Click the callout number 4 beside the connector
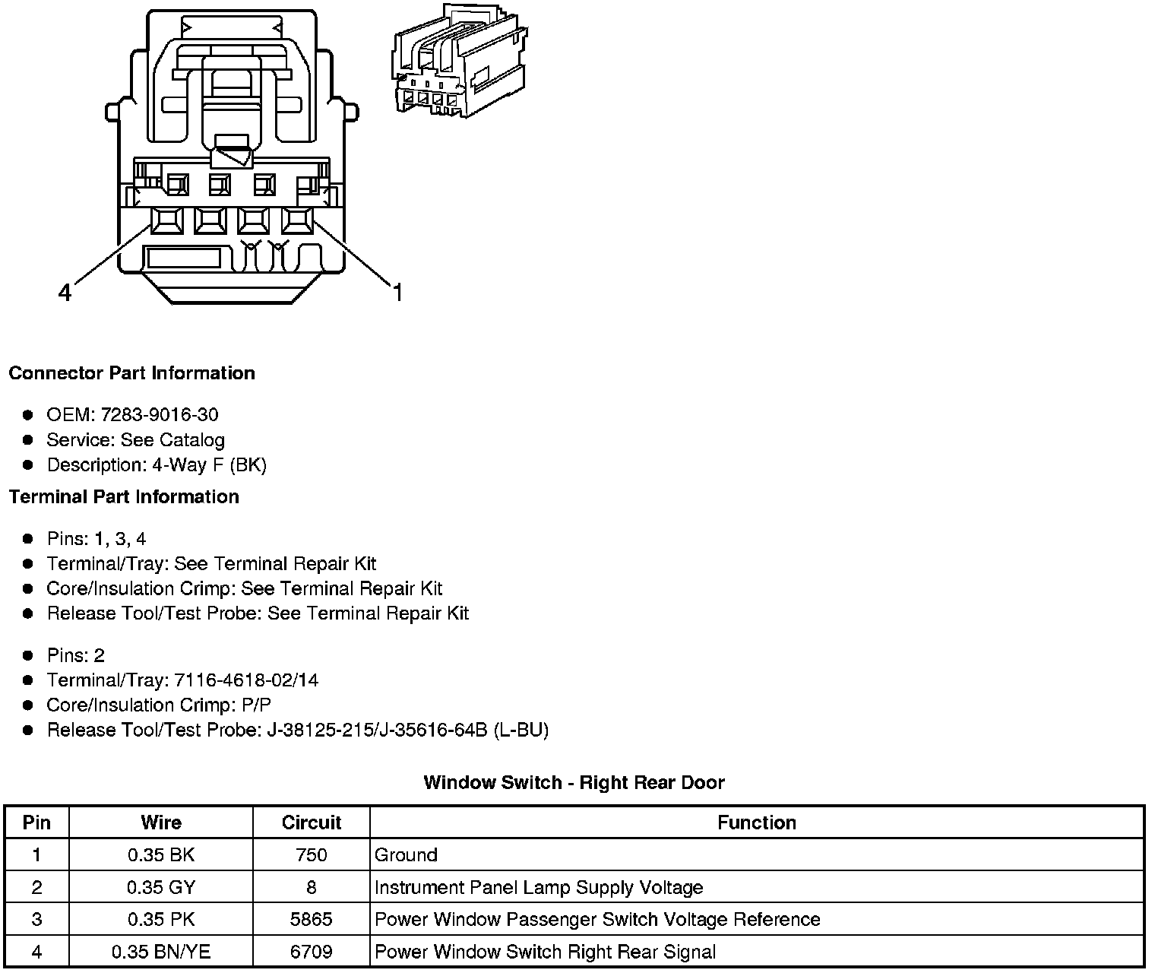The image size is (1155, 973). (x=65, y=292)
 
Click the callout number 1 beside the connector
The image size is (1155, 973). (x=397, y=292)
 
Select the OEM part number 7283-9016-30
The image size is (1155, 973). (x=160, y=415)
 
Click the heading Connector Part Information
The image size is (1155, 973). (x=131, y=373)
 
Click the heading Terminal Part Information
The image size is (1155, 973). (x=124, y=497)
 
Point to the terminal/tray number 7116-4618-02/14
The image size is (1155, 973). (x=246, y=680)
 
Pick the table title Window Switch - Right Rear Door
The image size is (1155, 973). (x=574, y=783)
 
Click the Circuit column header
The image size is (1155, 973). (x=311, y=823)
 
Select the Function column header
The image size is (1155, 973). (x=756, y=823)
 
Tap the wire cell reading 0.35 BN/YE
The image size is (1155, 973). (x=161, y=952)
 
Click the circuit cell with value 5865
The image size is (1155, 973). (x=311, y=920)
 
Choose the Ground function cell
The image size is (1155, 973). (x=407, y=855)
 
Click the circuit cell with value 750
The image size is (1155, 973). (x=311, y=855)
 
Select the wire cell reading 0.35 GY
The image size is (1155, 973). (x=161, y=888)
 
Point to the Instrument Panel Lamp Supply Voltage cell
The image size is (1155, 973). (x=539, y=888)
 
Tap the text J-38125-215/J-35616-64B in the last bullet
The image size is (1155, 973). (x=377, y=731)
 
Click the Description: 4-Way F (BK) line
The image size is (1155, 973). (x=157, y=465)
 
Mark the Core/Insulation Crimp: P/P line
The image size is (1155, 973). (x=159, y=705)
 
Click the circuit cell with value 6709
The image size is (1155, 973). (x=311, y=952)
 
